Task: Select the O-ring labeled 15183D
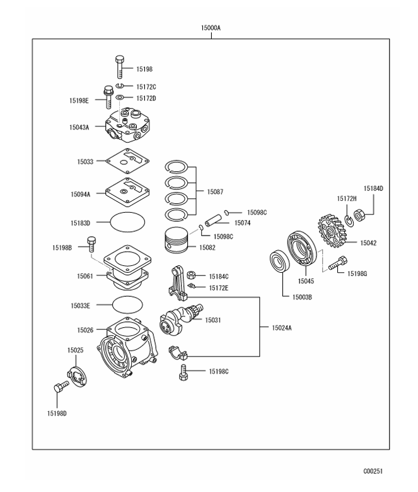[x=127, y=222]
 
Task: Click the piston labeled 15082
[x=177, y=240]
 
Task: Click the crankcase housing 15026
[x=127, y=351]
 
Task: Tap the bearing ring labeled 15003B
[x=279, y=262]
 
